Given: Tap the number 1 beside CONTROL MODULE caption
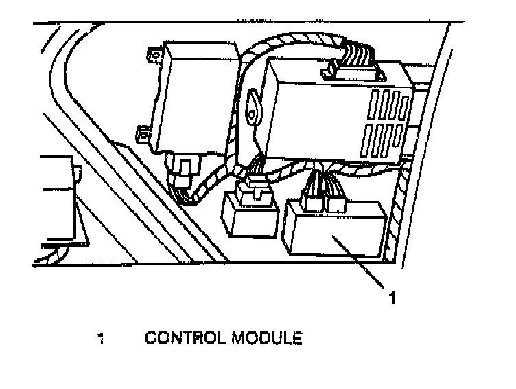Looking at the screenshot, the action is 101,338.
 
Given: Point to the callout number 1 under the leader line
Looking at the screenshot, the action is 392,298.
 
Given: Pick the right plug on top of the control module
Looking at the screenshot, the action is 338,202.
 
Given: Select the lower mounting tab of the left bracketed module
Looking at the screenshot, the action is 143,134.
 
